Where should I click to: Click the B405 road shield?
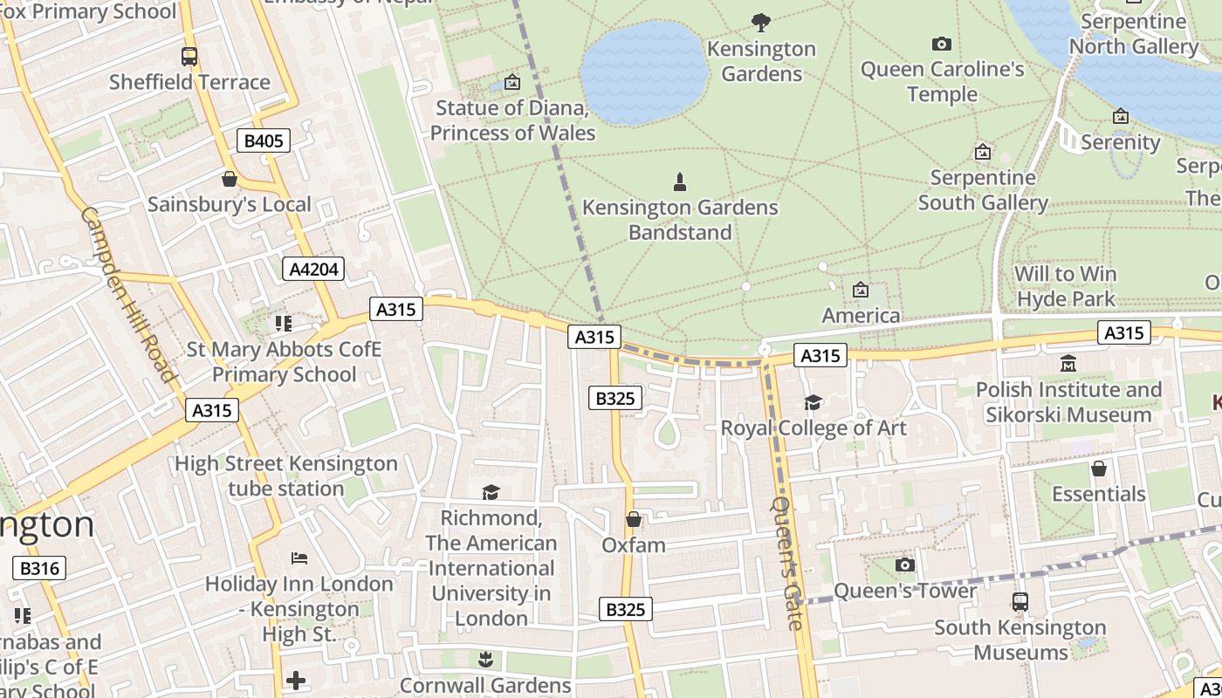(x=263, y=140)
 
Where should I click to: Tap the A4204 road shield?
(x=313, y=269)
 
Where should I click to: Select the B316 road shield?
(x=39, y=569)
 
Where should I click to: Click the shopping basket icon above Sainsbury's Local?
(x=230, y=179)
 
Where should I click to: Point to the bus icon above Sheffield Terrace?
(x=189, y=57)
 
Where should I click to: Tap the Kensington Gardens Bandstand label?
(x=680, y=220)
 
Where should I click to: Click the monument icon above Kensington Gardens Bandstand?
(x=680, y=182)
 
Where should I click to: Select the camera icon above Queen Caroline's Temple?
(x=941, y=44)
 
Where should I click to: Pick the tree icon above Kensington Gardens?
(x=761, y=23)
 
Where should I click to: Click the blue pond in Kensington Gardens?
(x=644, y=72)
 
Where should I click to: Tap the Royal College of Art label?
(x=813, y=428)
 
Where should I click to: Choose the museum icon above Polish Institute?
(x=1068, y=363)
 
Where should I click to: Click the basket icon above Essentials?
(x=1098, y=469)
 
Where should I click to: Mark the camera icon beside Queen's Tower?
(x=905, y=565)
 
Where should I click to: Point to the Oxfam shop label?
(x=634, y=545)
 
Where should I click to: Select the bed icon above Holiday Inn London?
(x=299, y=558)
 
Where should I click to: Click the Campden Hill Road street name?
(x=128, y=294)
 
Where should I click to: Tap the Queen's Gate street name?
(x=786, y=563)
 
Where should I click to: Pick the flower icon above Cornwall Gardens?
(x=486, y=658)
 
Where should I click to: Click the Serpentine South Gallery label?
(x=983, y=190)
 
